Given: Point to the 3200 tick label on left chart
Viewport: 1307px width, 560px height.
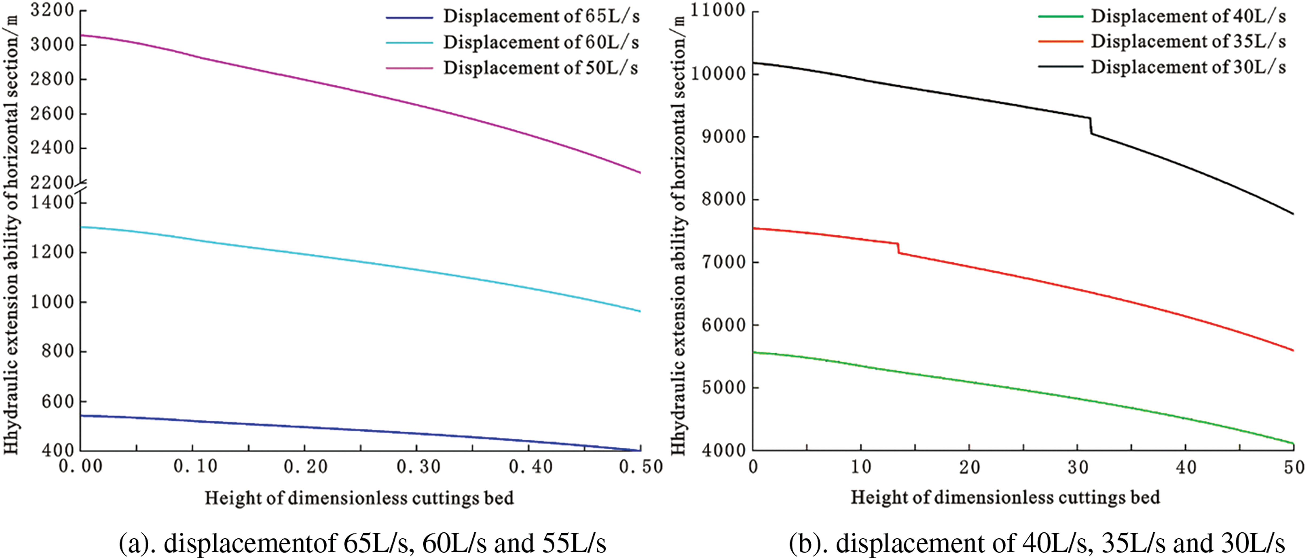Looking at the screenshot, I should click(x=52, y=10).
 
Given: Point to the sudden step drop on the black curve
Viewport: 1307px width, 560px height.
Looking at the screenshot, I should click(x=1090, y=126).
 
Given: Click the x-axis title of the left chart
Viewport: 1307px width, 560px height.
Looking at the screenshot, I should click(x=359, y=498).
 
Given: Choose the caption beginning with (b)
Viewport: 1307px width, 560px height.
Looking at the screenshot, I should click(x=1037, y=543).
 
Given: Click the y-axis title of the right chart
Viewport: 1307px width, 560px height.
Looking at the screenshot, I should click(x=679, y=234).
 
